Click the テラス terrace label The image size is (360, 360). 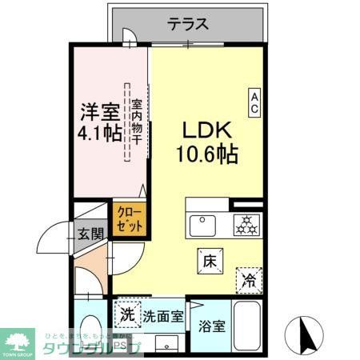(x=190, y=23)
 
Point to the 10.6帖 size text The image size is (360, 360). (x=206, y=154)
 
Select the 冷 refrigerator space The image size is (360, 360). (x=250, y=279)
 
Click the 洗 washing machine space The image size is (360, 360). (x=127, y=314)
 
